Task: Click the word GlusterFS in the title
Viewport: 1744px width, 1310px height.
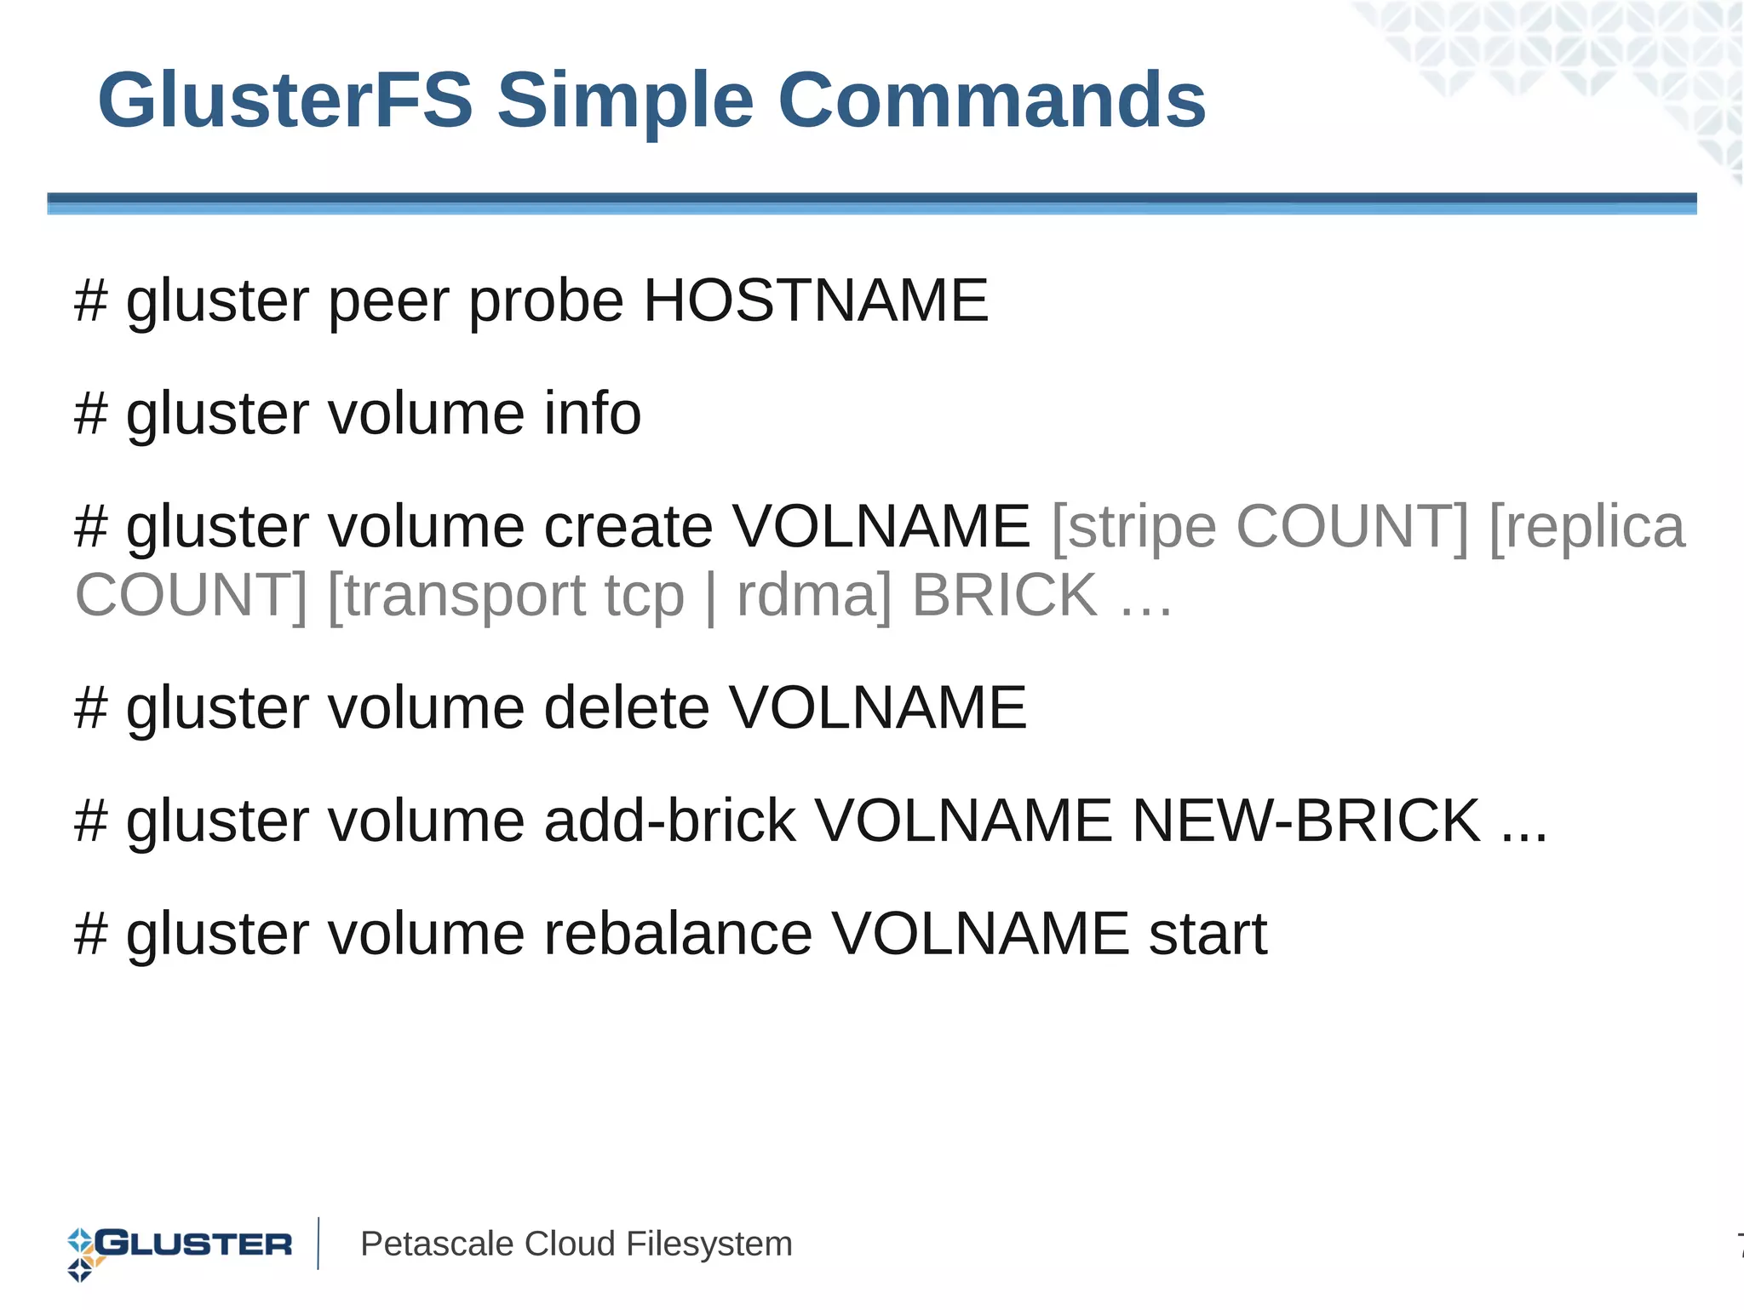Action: coord(284,100)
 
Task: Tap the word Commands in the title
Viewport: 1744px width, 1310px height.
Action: coord(991,100)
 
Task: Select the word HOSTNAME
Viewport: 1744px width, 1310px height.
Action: coord(815,300)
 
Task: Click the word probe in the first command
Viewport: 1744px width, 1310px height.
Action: coord(546,302)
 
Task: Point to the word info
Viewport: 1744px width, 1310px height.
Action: coord(592,413)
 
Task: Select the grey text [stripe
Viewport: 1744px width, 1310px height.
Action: coord(1133,528)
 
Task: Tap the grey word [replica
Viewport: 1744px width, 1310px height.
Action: coord(1586,528)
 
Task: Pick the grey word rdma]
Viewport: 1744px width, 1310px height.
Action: coord(814,595)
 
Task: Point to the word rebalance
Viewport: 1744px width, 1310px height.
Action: coord(678,934)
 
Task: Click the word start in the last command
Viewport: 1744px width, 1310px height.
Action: coord(1208,934)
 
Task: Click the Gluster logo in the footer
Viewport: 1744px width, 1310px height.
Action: coord(180,1246)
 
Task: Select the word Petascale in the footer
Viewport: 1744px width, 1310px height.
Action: coord(437,1244)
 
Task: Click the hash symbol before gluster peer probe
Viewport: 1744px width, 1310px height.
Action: coord(91,300)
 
